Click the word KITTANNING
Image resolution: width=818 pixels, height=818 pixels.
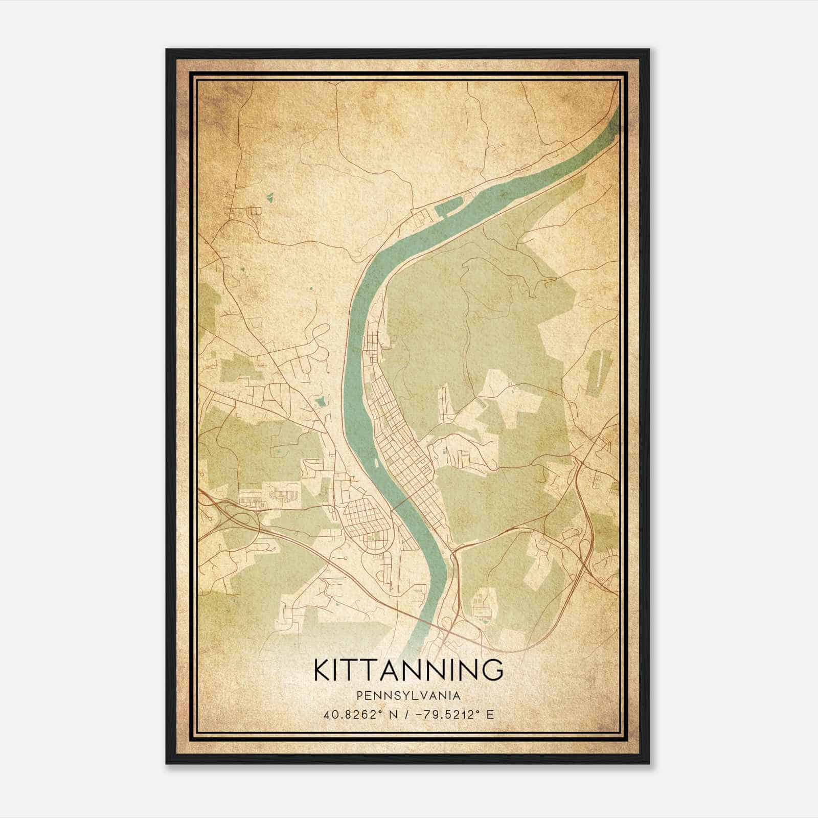pyautogui.click(x=408, y=670)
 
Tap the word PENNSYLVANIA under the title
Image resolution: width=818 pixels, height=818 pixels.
pyautogui.click(x=408, y=696)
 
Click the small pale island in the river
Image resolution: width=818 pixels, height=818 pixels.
pyautogui.click(x=376, y=462)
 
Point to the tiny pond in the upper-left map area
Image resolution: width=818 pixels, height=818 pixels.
pyautogui.click(x=270, y=196)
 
